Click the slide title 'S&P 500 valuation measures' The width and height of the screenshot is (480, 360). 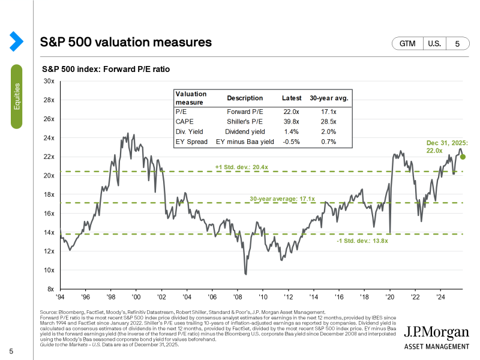(125, 42)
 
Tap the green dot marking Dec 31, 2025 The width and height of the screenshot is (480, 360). (463, 157)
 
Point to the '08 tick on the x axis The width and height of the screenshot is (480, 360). (237, 296)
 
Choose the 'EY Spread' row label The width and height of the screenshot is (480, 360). (191, 142)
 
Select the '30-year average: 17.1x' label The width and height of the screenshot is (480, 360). (283, 197)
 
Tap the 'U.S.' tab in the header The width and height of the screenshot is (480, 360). (433, 44)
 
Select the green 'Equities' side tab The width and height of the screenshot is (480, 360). (17, 96)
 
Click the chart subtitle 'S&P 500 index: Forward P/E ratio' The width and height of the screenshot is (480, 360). (106, 70)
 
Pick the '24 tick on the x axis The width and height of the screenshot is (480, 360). (440, 296)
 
